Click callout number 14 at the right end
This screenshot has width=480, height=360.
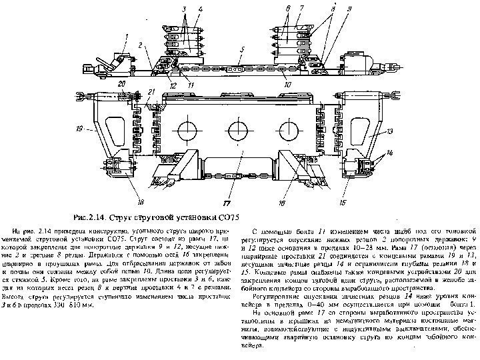[391, 153]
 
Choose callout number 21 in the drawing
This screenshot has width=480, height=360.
[152, 91]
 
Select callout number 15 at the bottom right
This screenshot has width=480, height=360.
[343, 201]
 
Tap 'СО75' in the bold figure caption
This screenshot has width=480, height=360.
[227, 217]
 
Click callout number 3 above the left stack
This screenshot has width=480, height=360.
[183, 8]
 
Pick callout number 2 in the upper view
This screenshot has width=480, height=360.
[141, 44]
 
